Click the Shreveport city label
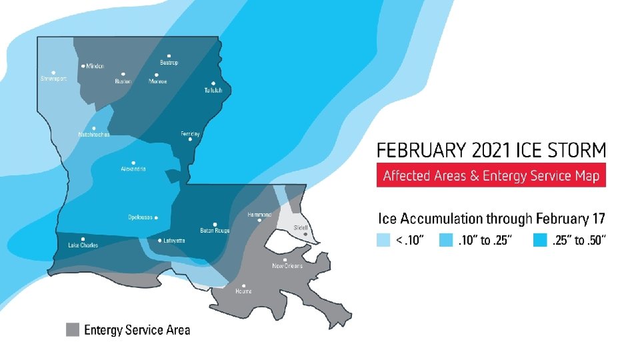53,79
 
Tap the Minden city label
95,66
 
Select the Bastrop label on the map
169,63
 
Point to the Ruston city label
123,81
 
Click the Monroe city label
157,81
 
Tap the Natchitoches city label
93,134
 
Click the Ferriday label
190,133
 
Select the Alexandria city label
133,169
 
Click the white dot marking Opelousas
156,217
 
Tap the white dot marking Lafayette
160,240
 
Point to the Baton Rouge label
214,231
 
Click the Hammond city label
259,215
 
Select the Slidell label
301,228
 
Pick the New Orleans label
287,265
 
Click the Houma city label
243,291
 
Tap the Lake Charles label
83,245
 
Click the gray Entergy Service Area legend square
73,329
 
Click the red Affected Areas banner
491,176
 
